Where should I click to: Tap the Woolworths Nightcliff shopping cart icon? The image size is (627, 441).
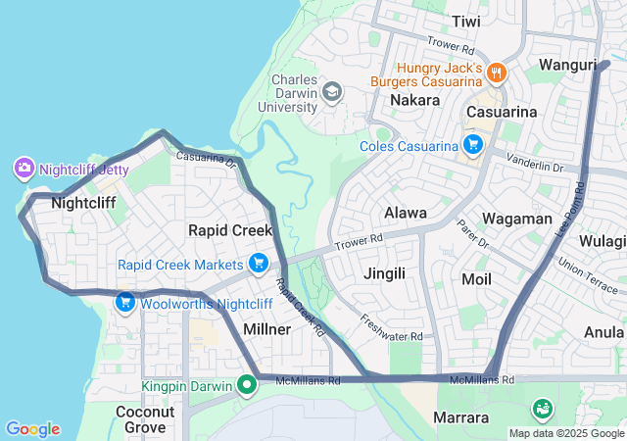(x=125, y=303)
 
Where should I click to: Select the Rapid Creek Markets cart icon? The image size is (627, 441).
(x=259, y=264)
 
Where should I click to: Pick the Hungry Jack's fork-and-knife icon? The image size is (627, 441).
(x=498, y=72)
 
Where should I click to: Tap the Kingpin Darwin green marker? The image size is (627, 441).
(x=249, y=385)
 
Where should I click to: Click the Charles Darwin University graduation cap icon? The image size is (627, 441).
(x=332, y=92)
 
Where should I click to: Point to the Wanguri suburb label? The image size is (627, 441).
(x=568, y=65)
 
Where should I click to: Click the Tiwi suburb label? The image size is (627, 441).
(x=466, y=21)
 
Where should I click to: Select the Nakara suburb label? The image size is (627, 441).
(x=414, y=100)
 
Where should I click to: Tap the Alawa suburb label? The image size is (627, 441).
(x=405, y=213)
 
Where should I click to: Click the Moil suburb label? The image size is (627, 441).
(x=475, y=279)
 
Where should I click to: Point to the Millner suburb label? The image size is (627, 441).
(x=265, y=329)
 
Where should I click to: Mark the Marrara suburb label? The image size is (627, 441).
(x=461, y=418)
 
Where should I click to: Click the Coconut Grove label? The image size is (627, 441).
(x=145, y=419)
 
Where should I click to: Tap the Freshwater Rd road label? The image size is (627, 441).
(x=391, y=327)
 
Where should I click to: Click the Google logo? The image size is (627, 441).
(x=32, y=429)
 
